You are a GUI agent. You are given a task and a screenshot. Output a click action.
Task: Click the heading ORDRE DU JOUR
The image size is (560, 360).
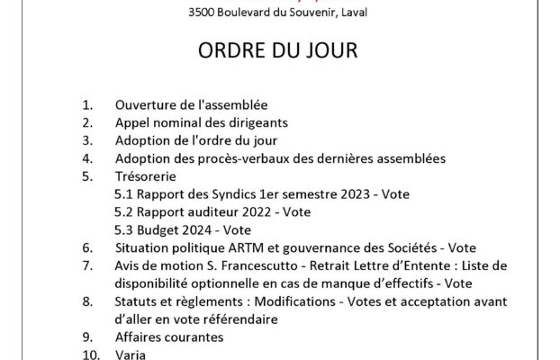280,51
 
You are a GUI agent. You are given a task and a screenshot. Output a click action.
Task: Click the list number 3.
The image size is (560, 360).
87,141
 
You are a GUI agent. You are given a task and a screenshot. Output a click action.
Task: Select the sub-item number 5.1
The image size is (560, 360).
125,194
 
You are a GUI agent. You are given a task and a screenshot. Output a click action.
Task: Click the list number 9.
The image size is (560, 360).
87,337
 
